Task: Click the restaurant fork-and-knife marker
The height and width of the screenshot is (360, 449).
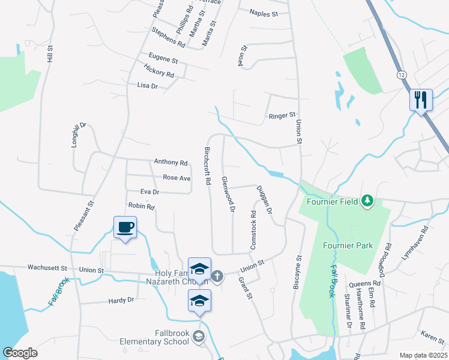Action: tap(420, 100)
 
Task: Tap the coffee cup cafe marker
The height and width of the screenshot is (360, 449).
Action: tap(125, 227)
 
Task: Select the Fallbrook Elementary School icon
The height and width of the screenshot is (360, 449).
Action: tap(199, 338)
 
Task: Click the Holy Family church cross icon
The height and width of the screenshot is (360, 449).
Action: tap(217, 276)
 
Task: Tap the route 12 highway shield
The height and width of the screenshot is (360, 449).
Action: tap(401, 73)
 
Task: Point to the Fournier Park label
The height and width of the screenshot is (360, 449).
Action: tap(348, 245)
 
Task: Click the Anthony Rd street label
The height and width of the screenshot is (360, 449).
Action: tap(170, 162)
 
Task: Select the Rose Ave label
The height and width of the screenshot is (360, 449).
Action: tap(176, 178)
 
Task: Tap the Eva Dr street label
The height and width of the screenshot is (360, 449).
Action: tap(149, 192)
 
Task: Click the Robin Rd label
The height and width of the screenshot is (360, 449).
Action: tap(142, 206)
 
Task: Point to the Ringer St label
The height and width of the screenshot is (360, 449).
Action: tap(282, 115)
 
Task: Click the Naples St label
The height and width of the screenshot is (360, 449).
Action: tap(264, 13)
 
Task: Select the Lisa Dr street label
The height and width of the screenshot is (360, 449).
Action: tap(147, 86)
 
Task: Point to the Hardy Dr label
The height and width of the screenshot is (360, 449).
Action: tap(121, 300)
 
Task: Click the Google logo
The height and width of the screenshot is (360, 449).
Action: tap(20, 353)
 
